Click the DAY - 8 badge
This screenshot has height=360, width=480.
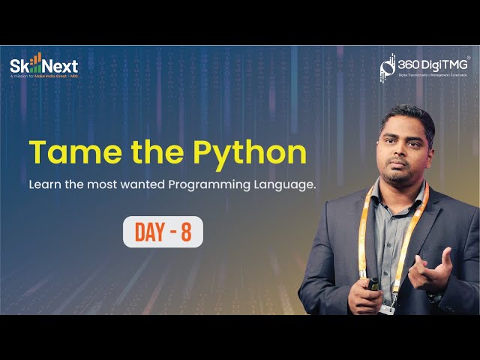[163, 232]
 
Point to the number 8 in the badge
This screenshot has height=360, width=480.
[186, 232]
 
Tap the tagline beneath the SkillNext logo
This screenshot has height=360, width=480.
[43, 76]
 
